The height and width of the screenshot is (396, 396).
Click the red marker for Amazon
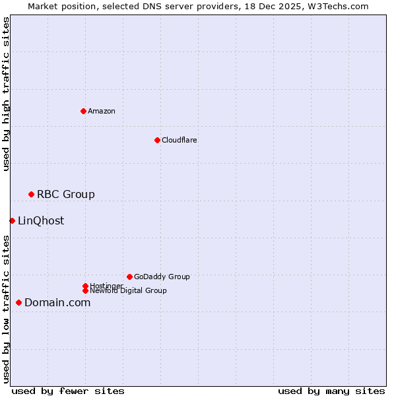click(83, 111)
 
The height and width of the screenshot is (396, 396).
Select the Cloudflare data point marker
click(157, 140)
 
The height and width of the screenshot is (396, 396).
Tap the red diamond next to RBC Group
click(31, 194)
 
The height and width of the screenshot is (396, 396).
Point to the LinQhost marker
click(12, 220)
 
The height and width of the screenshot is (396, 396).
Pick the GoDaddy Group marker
click(129, 277)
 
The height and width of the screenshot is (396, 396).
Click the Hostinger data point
click(85, 286)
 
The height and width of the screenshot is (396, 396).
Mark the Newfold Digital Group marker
click(85, 290)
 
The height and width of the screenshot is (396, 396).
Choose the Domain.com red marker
click(18, 302)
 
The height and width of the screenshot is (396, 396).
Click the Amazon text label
click(102, 111)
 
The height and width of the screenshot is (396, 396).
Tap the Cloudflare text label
click(180, 140)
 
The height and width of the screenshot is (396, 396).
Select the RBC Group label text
click(66, 194)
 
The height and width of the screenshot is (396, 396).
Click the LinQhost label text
click(41, 220)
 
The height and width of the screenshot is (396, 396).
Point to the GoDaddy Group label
click(162, 277)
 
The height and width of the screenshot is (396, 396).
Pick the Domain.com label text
click(57, 302)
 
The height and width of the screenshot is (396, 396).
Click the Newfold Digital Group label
click(129, 291)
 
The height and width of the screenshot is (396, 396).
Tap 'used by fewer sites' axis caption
click(68, 391)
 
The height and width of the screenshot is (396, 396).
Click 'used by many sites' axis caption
click(331, 391)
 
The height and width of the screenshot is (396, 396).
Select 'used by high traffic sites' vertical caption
click(7, 94)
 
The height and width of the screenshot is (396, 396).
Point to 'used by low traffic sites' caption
click(7, 309)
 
